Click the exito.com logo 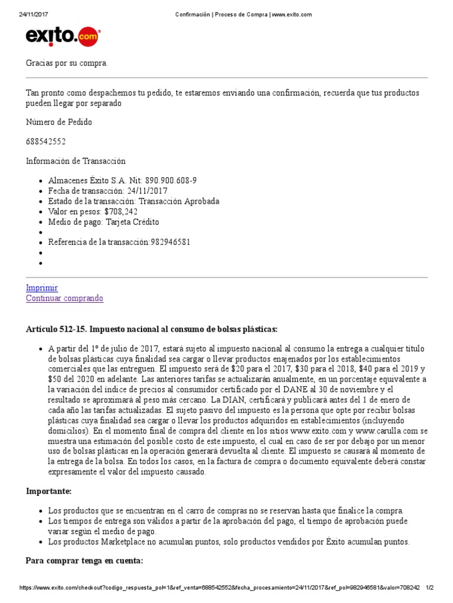click(63, 37)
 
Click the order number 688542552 click(46, 141)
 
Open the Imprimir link click(42, 288)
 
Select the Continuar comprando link click(64, 299)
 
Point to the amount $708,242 click(121, 211)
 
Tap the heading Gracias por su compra click(67, 63)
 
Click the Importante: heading click(49, 491)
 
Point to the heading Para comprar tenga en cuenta click(84, 545)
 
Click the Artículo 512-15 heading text click(152, 329)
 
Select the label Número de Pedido click(59, 122)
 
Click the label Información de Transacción click(75, 161)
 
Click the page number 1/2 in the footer click(429, 588)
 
